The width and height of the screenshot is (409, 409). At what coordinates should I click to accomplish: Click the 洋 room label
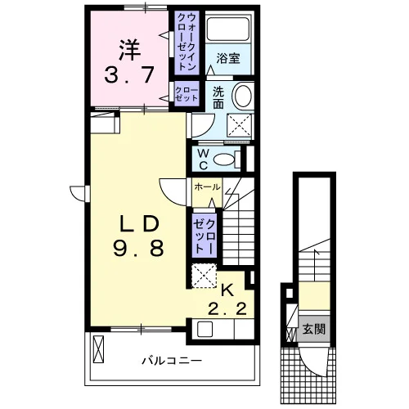tap(130, 51)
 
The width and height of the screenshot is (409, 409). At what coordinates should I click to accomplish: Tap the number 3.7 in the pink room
tap(129, 74)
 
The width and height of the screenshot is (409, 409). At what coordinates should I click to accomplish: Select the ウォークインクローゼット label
tap(187, 42)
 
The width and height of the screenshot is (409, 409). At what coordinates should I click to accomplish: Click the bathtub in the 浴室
tap(228, 29)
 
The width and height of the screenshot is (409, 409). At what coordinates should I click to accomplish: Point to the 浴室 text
tap(228, 58)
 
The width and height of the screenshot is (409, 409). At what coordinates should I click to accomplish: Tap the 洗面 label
tap(218, 97)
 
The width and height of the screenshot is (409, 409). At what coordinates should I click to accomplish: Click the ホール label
tap(207, 187)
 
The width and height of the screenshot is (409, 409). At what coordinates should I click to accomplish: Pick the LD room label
tap(140, 224)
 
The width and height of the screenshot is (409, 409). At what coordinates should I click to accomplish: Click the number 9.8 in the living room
tap(138, 248)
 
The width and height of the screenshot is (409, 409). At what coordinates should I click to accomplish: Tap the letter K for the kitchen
tap(227, 290)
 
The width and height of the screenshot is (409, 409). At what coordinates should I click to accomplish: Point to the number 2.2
tap(227, 309)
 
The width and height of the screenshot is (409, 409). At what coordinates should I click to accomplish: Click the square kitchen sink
tap(204, 329)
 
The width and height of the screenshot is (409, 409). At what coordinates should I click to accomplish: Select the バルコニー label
tap(172, 361)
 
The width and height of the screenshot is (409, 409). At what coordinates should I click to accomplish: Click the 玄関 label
tap(314, 329)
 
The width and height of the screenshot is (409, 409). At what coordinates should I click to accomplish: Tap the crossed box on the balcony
tap(98, 349)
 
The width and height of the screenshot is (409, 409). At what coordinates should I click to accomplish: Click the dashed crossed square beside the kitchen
tap(204, 276)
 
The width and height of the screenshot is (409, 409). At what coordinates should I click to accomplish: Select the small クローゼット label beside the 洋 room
tap(187, 94)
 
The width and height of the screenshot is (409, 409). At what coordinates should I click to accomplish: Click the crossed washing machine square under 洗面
tap(239, 124)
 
